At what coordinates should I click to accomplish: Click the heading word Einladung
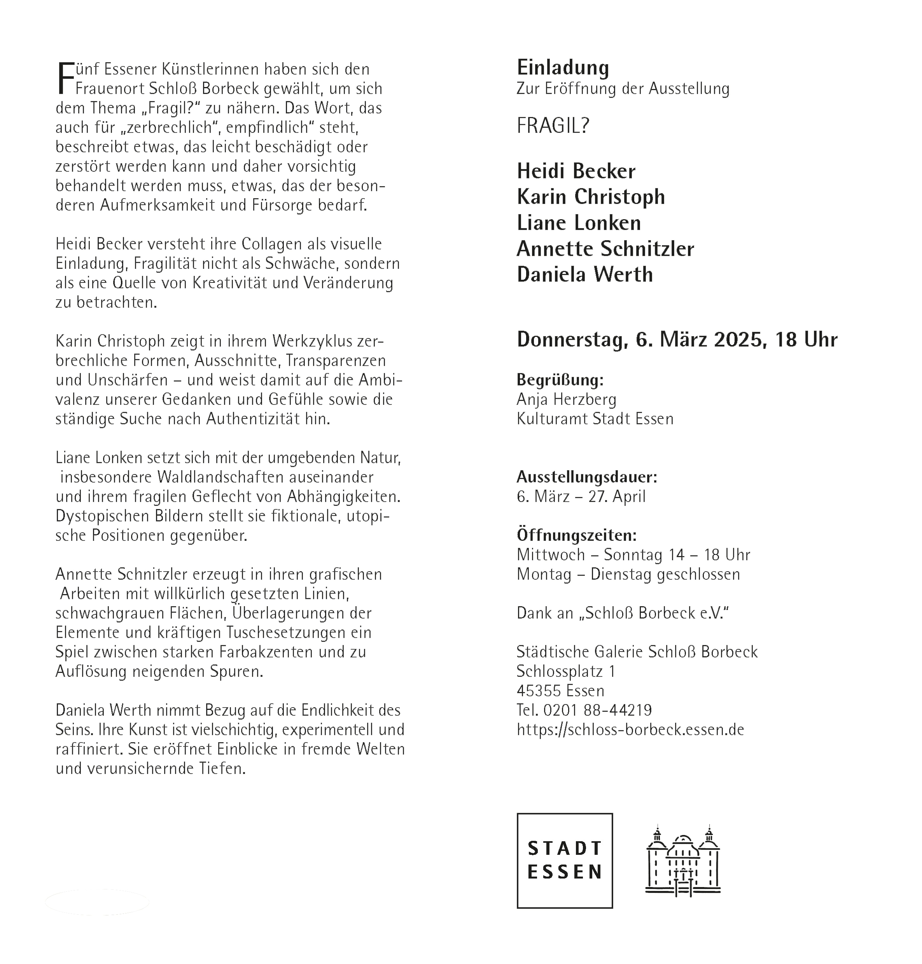pyautogui.click(x=563, y=67)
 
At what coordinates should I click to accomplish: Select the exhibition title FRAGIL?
pyautogui.click(x=553, y=126)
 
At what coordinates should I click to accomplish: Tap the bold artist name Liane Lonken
pyautogui.click(x=579, y=223)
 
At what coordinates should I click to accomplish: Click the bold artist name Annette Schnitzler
pyautogui.click(x=605, y=249)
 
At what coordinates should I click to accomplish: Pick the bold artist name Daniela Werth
pyautogui.click(x=584, y=274)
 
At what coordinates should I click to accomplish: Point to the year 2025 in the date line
pyautogui.click(x=739, y=339)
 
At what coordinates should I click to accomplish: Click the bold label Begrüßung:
pyautogui.click(x=560, y=380)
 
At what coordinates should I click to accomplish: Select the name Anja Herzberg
pyautogui.click(x=566, y=399)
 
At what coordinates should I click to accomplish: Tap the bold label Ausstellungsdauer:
pyautogui.click(x=586, y=476)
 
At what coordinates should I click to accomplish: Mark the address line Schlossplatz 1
pyautogui.click(x=565, y=671)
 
